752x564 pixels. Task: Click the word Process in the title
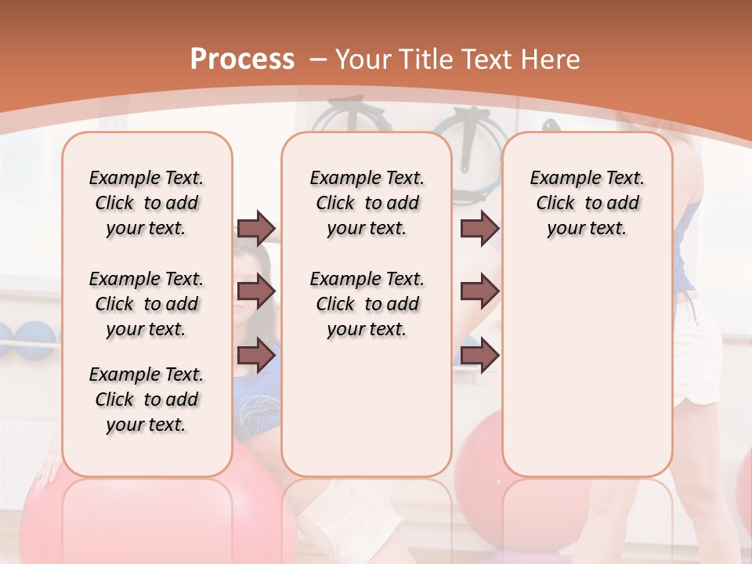(242, 59)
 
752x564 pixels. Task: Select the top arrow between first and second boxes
(256, 228)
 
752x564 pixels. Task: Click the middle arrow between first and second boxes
(256, 291)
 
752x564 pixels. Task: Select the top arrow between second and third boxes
(479, 228)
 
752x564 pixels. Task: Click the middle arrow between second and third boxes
(479, 291)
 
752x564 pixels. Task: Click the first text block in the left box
(146, 203)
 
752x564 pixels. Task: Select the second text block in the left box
(146, 304)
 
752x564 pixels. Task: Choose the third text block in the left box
(146, 399)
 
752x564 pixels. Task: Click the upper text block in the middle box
(367, 203)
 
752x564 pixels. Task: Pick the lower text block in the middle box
(367, 304)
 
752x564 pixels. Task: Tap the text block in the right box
(587, 203)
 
